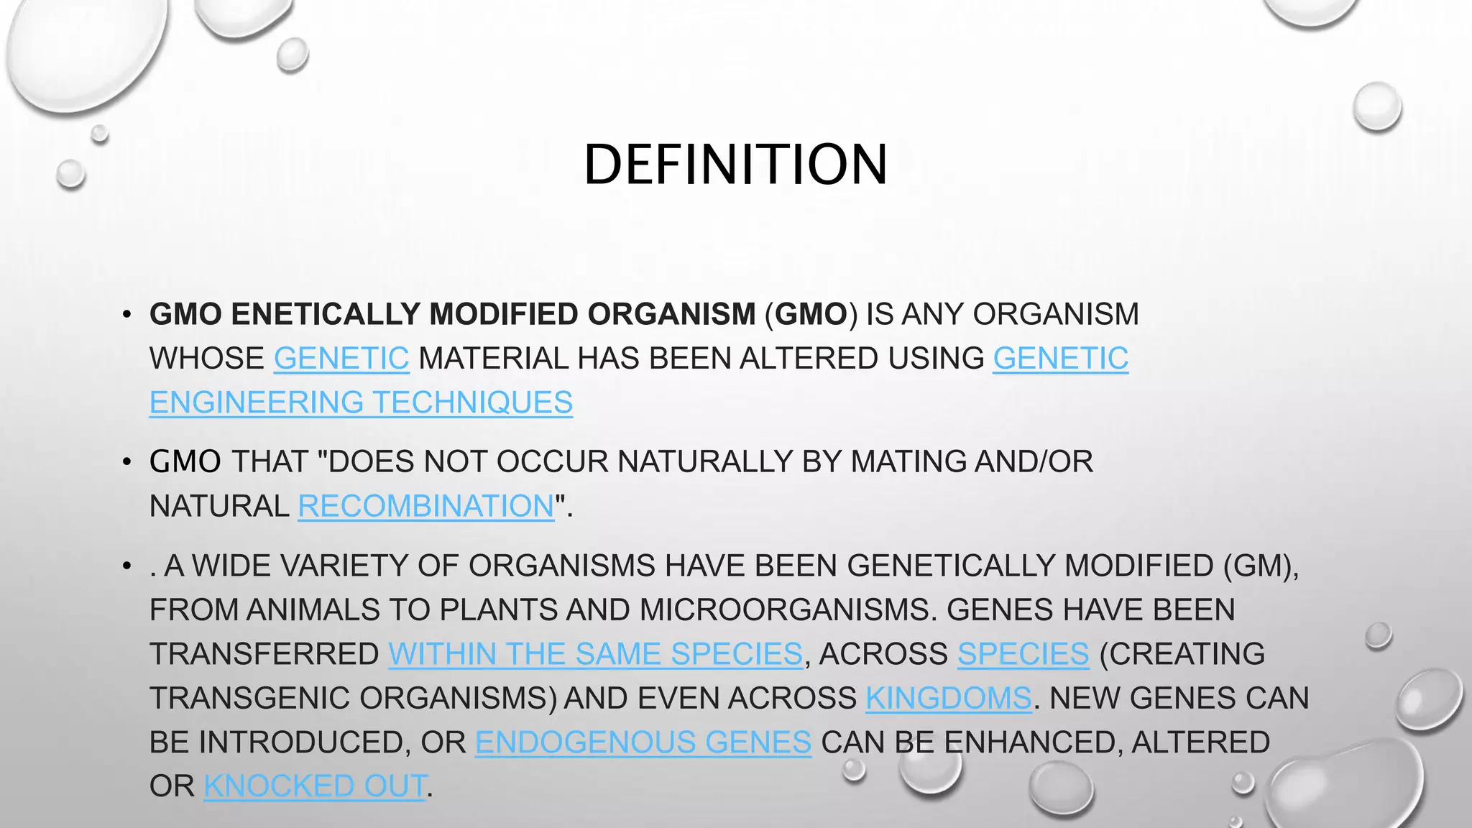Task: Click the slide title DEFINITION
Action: coord(735,164)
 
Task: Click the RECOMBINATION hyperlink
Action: coord(425,506)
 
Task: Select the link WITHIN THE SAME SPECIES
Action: coord(595,654)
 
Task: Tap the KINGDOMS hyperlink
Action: coord(948,699)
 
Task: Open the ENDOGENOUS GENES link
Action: coord(643,742)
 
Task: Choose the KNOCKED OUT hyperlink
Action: coord(315,786)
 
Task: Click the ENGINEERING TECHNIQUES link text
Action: coord(361,402)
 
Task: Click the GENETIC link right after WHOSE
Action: coord(341,359)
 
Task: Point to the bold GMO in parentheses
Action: coord(811,315)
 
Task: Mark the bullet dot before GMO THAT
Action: coord(126,462)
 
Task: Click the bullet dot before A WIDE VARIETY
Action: coord(126,566)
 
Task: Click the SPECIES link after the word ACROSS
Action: coord(1023,654)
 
